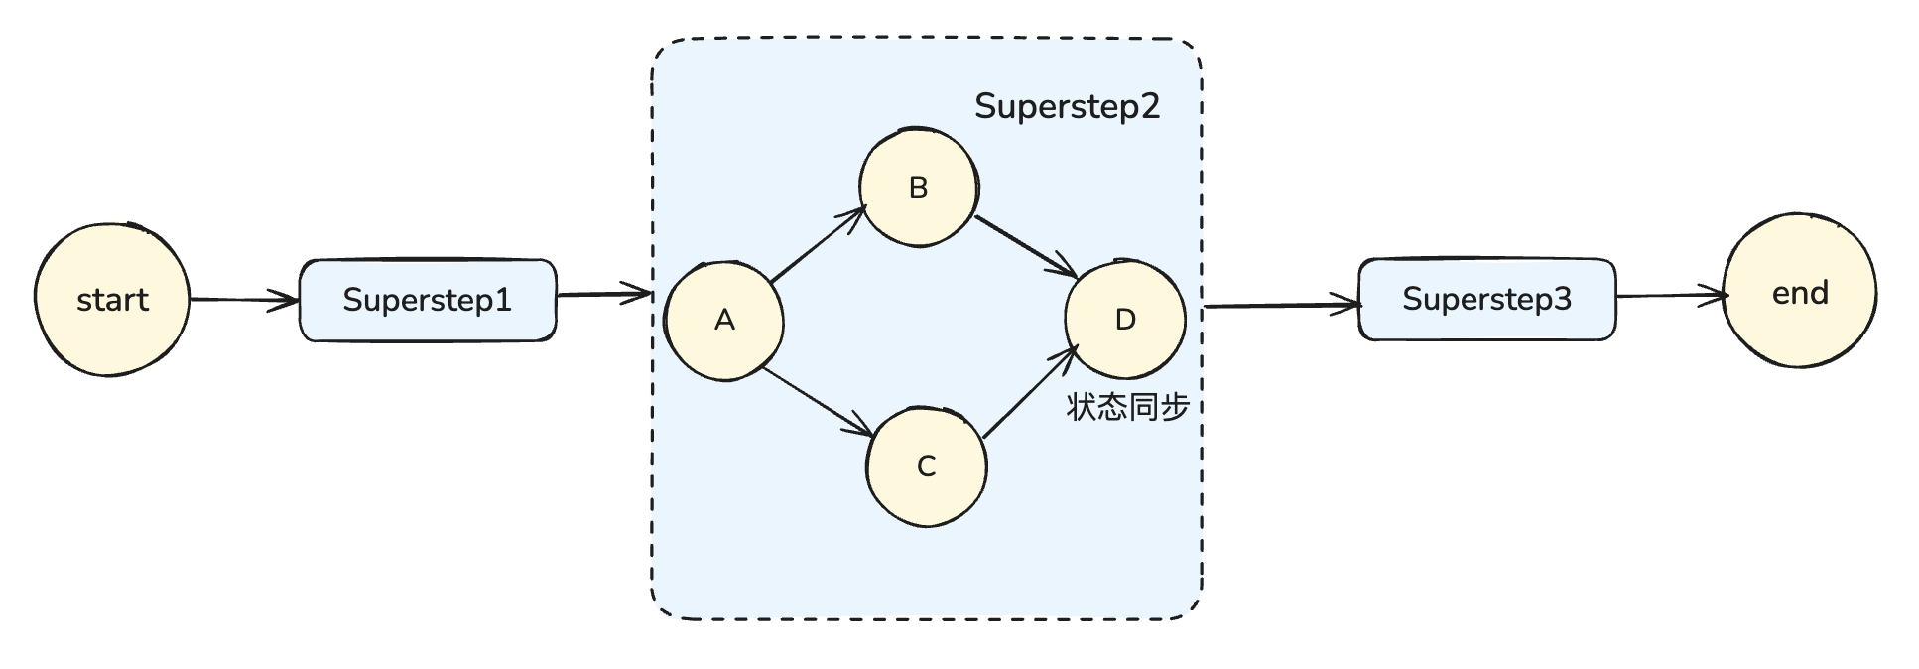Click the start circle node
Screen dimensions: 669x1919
(111, 299)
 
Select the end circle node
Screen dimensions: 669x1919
(1798, 293)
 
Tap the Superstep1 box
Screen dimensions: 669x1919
(428, 300)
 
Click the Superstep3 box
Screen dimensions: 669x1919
(1485, 299)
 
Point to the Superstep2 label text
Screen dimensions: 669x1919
(1067, 106)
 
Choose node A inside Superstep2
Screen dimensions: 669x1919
(724, 321)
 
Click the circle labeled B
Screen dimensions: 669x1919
(918, 187)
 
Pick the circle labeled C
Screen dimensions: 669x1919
(926, 466)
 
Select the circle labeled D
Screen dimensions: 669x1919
(1124, 320)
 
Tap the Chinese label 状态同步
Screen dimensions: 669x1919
(1127, 407)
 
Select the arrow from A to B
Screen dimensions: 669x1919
(819, 244)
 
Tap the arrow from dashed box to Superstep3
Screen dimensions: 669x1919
(1280, 306)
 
